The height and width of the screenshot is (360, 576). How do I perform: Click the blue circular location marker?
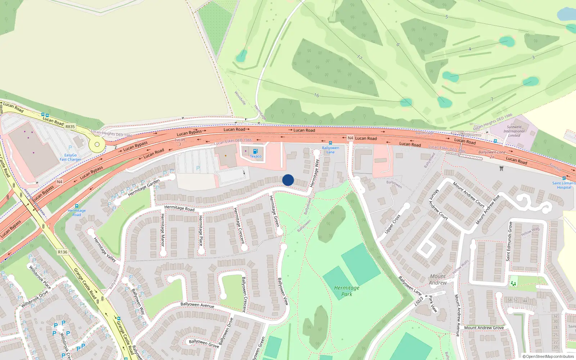click(288, 180)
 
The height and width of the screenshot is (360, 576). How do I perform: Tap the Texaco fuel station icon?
click(255, 152)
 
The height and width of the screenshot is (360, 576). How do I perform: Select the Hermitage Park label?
click(347, 291)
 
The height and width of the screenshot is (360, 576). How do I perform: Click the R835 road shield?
click(70, 127)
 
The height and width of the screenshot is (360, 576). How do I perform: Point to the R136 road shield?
click(63, 252)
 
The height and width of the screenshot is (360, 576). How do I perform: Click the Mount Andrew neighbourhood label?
click(438, 280)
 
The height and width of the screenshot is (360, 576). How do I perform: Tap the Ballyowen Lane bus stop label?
click(330, 150)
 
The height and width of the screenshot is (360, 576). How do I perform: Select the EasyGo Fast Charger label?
click(70, 157)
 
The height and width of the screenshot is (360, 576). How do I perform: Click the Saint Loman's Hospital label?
click(564, 185)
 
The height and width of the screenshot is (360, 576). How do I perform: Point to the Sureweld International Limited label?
click(514, 131)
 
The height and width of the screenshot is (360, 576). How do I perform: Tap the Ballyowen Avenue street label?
click(197, 305)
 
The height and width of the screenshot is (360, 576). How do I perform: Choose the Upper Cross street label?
click(392, 224)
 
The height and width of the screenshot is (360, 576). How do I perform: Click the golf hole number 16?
click(316, 95)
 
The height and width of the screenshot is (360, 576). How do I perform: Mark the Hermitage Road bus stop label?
click(77, 212)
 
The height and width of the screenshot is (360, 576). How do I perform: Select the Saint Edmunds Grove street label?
click(509, 241)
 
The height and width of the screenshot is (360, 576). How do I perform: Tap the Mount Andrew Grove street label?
click(484, 328)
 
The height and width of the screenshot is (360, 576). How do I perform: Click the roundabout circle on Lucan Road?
click(97, 145)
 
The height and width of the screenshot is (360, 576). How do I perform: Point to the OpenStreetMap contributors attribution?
click(548, 356)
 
